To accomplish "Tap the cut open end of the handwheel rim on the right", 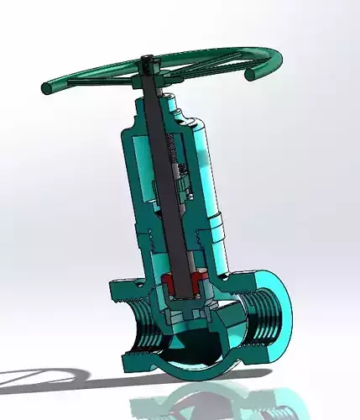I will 250,75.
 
